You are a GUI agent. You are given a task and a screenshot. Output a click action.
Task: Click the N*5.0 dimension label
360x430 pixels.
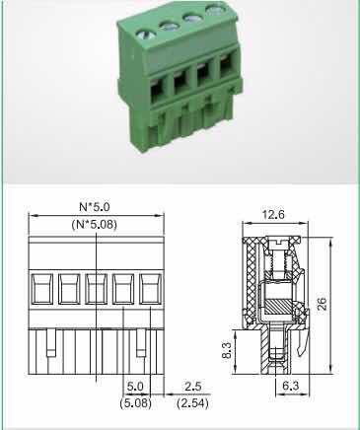click(95, 207)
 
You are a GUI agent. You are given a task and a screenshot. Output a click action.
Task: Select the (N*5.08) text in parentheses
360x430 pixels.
click(95, 225)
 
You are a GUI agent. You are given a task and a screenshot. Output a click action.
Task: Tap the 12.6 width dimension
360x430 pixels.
click(273, 215)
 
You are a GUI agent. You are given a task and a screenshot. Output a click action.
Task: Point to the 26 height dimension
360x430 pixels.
click(323, 304)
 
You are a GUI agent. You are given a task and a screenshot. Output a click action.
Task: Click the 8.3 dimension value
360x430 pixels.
click(227, 351)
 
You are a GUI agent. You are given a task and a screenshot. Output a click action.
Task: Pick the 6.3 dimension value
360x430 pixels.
click(291, 386)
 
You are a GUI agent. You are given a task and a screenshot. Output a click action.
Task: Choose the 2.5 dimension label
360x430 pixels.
click(192, 386)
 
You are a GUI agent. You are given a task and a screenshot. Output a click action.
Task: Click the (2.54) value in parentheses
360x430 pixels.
click(192, 403)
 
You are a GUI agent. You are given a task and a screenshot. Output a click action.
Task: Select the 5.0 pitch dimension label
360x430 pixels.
click(135, 386)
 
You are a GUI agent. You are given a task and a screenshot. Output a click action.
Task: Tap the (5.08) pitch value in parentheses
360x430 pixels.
click(135, 403)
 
